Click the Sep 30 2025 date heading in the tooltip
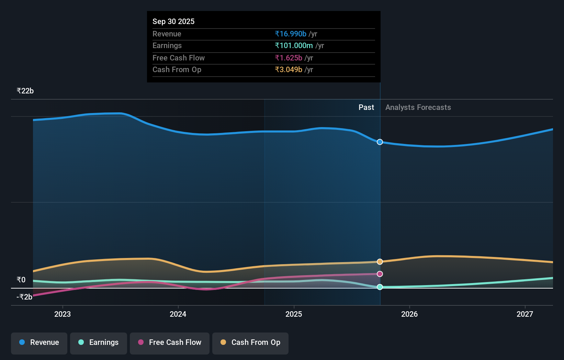(x=173, y=21)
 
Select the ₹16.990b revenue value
(x=290, y=34)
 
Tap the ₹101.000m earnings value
(x=294, y=45)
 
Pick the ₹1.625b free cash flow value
(x=288, y=58)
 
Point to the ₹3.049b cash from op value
(x=288, y=69)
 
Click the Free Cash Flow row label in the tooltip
(x=178, y=58)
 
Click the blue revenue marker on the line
(x=380, y=142)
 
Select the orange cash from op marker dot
(x=380, y=262)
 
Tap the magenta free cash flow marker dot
(x=380, y=274)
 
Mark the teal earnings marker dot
(x=380, y=287)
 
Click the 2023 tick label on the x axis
(x=63, y=314)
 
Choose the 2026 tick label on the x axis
(x=409, y=314)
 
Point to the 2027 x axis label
(x=524, y=314)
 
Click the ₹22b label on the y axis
(x=25, y=91)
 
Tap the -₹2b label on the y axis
(x=24, y=297)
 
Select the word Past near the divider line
(x=366, y=107)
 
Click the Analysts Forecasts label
(x=418, y=107)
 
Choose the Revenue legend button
(x=39, y=342)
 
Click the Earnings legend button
(x=99, y=342)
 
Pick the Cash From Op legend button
(x=250, y=342)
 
